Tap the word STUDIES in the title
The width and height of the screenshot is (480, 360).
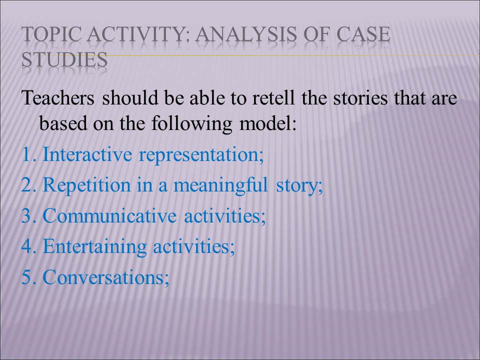64,59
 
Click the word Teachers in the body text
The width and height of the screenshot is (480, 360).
58,98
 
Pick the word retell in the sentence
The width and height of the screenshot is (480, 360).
273,98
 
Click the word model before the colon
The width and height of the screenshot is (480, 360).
264,123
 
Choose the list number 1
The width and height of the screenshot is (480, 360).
27,154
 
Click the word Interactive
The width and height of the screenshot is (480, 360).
87,154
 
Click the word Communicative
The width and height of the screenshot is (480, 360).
109,215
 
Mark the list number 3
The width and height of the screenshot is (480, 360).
27,215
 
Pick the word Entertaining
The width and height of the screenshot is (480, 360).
94,246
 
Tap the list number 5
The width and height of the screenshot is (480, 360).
27,277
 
